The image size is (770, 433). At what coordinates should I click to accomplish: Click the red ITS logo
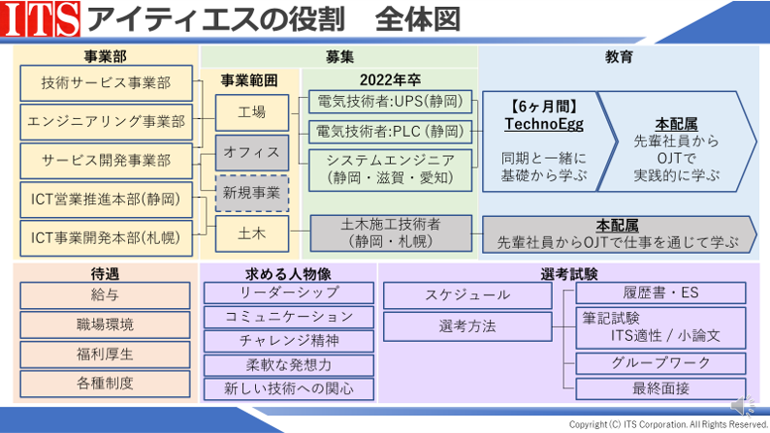pos(41,18)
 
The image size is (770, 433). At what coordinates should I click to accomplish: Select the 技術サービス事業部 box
pos(106,83)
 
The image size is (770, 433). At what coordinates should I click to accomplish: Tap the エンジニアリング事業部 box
pos(106,122)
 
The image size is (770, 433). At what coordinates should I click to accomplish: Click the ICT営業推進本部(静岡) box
pos(106,200)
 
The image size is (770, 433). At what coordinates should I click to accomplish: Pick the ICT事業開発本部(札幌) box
pos(106,238)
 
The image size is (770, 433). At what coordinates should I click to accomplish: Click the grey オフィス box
pos(252,152)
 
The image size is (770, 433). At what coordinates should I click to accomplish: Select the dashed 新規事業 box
pos(252,193)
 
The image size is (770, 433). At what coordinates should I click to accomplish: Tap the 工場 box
pos(252,112)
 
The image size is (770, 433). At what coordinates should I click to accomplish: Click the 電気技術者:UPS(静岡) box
pos(391,102)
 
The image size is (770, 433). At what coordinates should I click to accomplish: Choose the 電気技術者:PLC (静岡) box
pos(391,132)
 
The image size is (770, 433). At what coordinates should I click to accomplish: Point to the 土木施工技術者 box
pos(391,233)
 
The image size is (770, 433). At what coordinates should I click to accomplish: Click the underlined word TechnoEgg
pos(544,124)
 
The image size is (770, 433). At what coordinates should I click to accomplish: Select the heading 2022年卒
pos(390,79)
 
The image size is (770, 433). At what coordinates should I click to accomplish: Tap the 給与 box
pos(105,295)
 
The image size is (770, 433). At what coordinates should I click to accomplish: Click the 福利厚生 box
pos(105,354)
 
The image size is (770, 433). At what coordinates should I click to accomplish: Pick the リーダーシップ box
pos(289,293)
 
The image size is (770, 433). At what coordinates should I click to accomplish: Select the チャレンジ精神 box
pos(289,341)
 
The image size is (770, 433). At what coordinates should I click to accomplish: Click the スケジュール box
pos(467,295)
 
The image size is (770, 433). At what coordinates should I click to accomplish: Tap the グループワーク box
pos(660,363)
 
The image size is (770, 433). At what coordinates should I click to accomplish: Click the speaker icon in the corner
pos(743,407)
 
